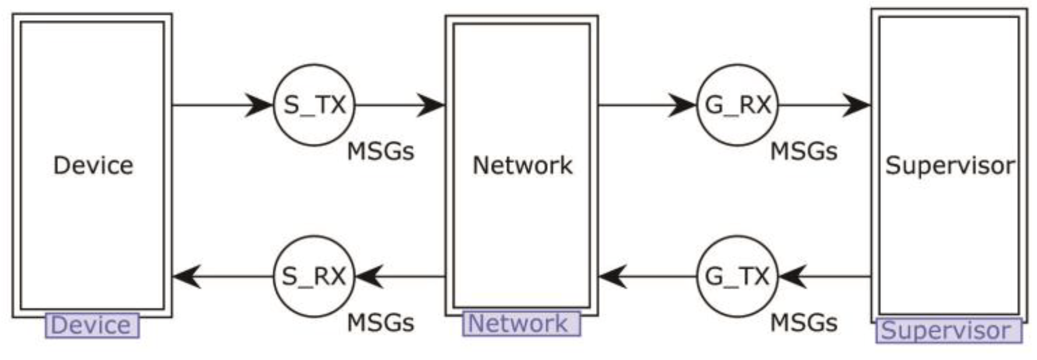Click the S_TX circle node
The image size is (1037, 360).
tap(314, 105)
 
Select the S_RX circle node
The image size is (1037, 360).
tap(314, 276)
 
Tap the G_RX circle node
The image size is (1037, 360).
tap(737, 105)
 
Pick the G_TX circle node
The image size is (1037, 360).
tap(737, 276)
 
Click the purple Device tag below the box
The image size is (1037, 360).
tap(92, 326)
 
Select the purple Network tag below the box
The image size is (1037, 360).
tap(521, 324)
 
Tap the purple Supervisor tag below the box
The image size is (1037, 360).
tap(948, 331)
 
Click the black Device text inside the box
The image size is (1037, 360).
tap(93, 165)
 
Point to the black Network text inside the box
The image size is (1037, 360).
tap(522, 165)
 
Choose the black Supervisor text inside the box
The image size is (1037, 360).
tap(949, 165)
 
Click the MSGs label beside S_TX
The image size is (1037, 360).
tap(381, 151)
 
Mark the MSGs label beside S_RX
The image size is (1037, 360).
tap(381, 322)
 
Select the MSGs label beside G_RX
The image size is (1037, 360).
tap(804, 151)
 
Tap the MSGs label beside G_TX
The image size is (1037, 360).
tap(804, 322)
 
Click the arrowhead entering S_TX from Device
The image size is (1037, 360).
tap(259, 105)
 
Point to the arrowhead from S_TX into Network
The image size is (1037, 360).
tap(431, 105)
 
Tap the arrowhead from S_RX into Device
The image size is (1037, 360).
tap(187, 277)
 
